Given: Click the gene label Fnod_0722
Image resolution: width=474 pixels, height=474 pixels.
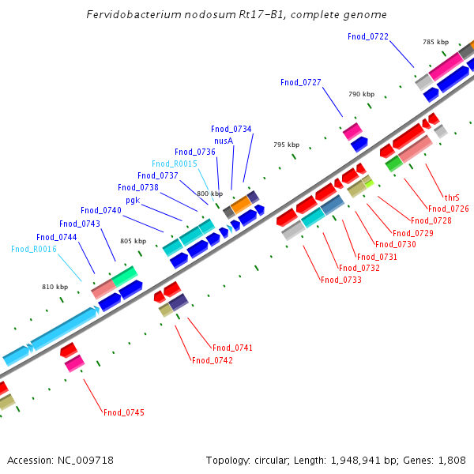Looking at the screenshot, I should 368,36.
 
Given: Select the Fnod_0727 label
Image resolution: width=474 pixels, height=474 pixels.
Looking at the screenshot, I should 301,82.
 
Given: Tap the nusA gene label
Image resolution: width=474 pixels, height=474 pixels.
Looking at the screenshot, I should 224,141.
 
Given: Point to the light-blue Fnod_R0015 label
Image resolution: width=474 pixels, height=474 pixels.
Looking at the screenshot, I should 175,164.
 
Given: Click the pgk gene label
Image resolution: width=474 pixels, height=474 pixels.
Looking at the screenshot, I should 133,200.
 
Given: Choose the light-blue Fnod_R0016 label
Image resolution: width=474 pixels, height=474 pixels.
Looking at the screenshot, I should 34,249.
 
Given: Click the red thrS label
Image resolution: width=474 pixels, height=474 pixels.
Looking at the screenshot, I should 452,197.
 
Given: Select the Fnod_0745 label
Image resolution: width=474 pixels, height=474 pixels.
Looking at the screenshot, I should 124,412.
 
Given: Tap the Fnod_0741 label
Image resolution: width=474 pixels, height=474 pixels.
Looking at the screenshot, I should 232,348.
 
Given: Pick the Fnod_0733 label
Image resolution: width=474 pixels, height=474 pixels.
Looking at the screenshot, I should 341,280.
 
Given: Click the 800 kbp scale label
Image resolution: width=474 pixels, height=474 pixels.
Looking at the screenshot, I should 210,194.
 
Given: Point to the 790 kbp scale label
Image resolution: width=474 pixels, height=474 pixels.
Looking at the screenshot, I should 361,94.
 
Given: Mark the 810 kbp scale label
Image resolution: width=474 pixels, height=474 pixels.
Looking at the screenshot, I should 55,287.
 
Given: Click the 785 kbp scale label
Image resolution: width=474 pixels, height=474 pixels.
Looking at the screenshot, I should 435,42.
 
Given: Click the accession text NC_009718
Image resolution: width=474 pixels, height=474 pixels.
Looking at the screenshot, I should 85,460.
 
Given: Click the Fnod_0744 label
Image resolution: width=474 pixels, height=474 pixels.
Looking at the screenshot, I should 57,237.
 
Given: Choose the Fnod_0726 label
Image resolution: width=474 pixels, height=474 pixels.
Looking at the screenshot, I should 449,209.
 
